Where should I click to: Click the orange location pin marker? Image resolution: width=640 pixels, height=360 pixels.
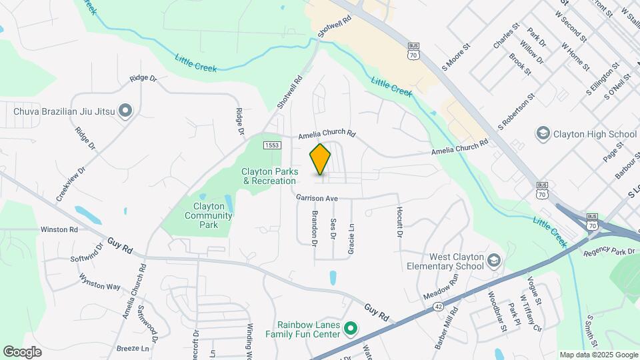pyautogui.click(x=321, y=159)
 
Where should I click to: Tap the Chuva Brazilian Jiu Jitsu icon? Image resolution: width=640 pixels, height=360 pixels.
pyautogui.click(x=125, y=111)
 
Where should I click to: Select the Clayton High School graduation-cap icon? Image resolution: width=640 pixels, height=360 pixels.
pyautogui.click(x=542, y=134)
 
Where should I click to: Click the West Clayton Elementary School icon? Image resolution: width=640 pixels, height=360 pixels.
pyautogui.click(x=493, y=259)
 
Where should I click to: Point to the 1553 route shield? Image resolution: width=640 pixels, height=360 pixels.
pyautogui.click(x=271, y=145)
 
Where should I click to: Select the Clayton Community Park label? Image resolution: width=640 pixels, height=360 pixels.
pyautogui.click(x=208, y=215)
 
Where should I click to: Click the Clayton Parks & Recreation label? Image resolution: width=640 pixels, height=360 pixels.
pyautogui.click(x=269, y=176)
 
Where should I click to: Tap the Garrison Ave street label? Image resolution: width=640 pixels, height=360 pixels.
pyautogui.click(x=319, y=198)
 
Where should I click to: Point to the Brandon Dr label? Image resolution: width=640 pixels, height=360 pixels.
pyautogui.click(x=314, y=228)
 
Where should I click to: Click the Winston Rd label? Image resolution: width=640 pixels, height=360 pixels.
pyautogui.click(x=59, y=229)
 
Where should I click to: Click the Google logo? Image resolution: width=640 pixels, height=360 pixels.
pyautogui.click(x=23, y=351)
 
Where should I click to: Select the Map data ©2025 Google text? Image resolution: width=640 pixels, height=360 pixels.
pyautogui.click(x=598, y=355)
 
